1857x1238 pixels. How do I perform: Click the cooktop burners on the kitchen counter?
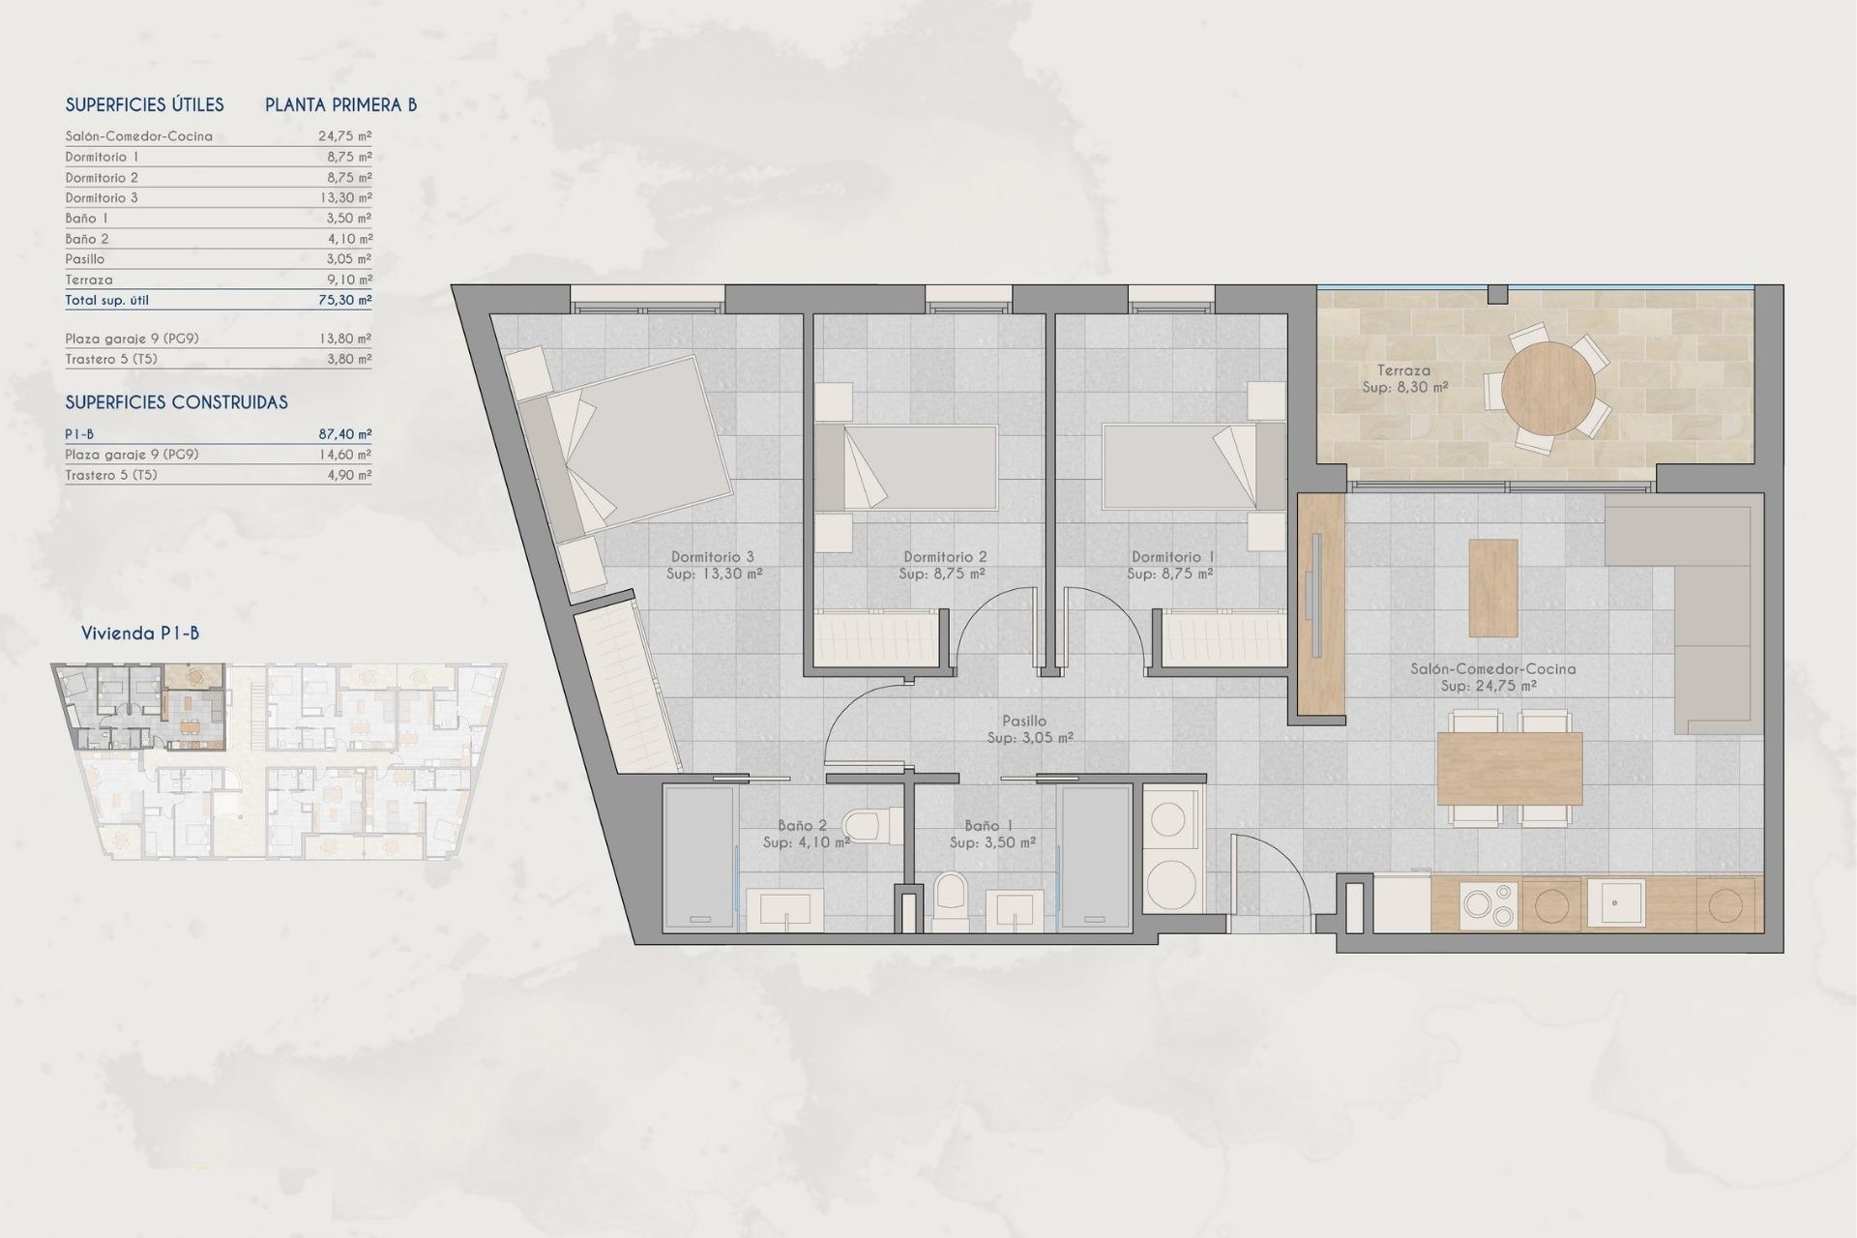pos(1488,905)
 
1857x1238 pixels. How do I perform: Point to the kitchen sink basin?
pos(1612,903)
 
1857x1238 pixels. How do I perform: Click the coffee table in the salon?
pos(1492,588)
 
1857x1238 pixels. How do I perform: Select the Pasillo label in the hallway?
pos(1024,721)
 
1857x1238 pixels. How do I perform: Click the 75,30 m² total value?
pos(344,300)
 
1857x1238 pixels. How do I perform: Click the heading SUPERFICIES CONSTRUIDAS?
pos(176,402)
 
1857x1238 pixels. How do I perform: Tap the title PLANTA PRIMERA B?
pos(340,105)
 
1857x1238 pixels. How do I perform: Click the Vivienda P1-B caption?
pos(140,634)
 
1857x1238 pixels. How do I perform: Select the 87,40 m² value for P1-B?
pos(344,434)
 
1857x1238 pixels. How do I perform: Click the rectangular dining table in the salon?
pos(1509,769)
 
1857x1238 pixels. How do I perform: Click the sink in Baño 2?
pos(790,910)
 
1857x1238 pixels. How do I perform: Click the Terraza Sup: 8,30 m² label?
pos(1404,378)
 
